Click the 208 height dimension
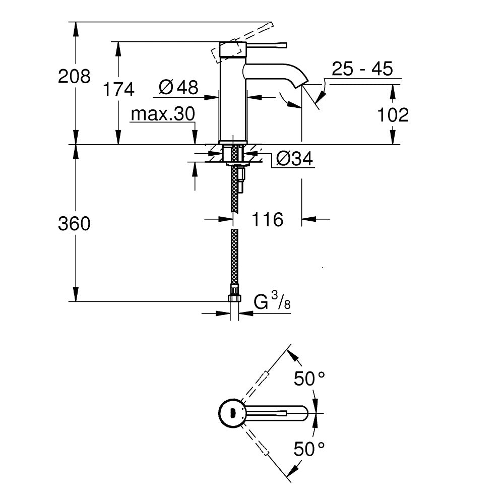click(75, 76)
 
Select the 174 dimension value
click(118, 89)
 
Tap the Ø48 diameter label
click(178, 87)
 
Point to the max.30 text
click(162, 115)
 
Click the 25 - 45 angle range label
click(362, 69)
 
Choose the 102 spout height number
click(393, 115)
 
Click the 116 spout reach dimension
click(268, 219)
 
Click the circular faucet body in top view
click(231, 413)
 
